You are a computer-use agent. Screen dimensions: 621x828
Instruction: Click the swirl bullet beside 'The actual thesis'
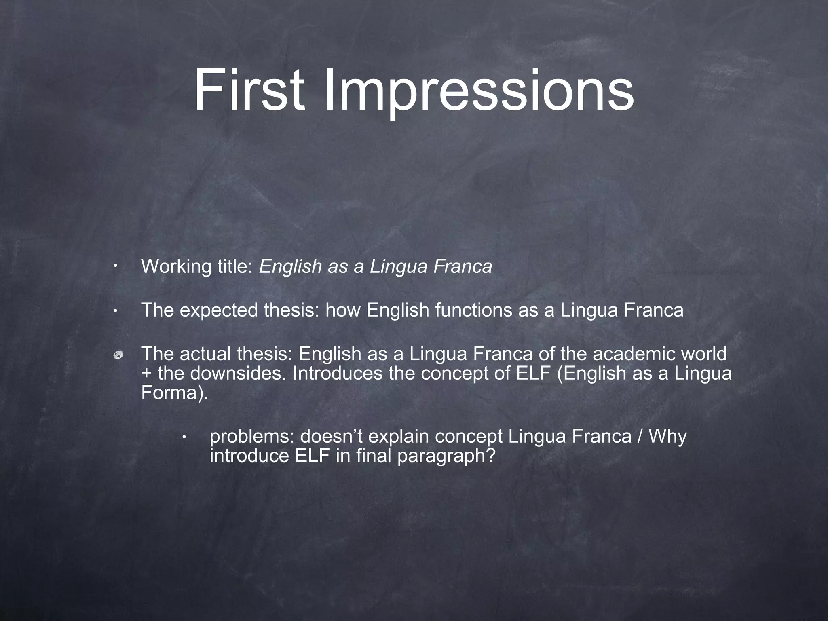coord(118,355)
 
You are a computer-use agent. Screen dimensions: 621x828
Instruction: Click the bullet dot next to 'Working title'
coord(116,267)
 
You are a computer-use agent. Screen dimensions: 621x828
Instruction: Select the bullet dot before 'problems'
coord(184,437)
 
